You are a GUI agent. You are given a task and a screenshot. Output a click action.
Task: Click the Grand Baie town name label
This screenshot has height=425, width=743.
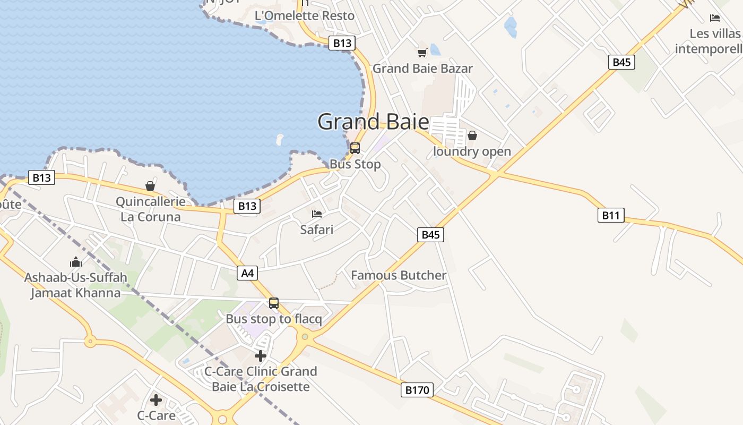373,122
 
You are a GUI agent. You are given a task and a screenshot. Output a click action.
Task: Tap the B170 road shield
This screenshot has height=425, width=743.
417,390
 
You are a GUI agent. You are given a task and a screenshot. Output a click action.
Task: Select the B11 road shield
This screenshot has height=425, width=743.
611,215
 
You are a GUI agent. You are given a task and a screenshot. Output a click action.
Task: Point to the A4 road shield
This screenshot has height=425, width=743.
247,274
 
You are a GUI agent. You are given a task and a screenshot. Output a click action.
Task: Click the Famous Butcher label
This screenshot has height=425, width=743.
399,275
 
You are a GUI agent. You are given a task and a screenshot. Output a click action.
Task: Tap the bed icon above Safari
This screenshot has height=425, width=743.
317,214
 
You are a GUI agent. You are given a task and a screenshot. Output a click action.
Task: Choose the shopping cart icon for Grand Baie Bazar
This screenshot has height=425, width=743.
422,53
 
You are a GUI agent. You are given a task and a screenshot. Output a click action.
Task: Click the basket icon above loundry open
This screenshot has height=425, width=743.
472,135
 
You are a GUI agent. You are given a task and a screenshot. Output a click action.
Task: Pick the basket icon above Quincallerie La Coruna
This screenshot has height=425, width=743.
150,186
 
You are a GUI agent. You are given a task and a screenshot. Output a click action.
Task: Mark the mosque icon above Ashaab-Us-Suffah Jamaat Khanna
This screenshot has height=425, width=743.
75,262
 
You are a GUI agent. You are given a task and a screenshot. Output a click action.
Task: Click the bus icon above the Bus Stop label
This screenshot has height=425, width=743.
355,148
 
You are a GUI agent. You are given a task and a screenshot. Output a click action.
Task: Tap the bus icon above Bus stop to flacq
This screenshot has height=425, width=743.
274,303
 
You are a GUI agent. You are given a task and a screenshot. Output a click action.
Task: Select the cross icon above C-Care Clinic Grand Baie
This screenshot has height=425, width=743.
261,355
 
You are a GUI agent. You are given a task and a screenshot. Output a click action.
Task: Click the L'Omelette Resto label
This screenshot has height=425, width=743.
305,16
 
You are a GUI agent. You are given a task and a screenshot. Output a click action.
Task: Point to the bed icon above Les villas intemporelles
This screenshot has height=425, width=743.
715,18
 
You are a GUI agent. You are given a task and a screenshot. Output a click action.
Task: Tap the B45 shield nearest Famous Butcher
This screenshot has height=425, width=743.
430,234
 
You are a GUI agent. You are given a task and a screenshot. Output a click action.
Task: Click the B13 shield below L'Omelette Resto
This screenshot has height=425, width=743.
342,43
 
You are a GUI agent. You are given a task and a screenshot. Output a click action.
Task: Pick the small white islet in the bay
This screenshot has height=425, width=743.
279,140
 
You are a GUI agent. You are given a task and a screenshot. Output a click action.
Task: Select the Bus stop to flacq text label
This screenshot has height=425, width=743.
274,319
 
